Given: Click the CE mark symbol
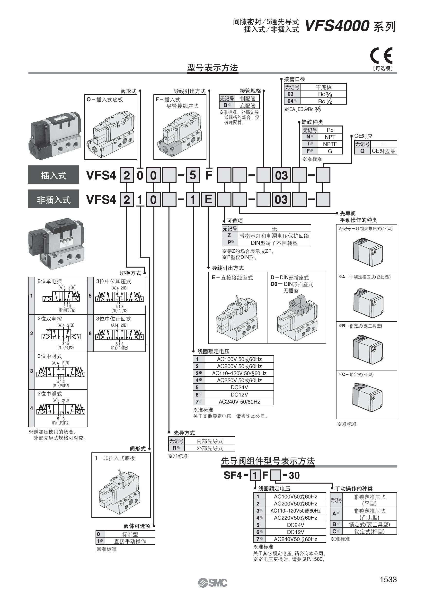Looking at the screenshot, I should pyautogui.click(x=381, y=55).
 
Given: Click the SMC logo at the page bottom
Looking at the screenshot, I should pyautogui.click(x=213, y=583).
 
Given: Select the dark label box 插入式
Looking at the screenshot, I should pyautogui.click(x=53, y=175).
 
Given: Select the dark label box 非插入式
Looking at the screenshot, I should pyautogui.click(x=53, y=199).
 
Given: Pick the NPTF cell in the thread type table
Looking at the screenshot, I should pyautogui.click(x=330, y=144).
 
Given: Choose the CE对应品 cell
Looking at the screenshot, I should pyautogui.click(x=383, y=151).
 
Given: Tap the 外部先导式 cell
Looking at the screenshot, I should pyautogui.click(x=210, y=448).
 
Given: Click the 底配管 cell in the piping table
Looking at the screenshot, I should pyautogui.click(x=247, y=106).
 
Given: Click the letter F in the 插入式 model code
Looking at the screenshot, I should pyautogui.click(x=209, y=175).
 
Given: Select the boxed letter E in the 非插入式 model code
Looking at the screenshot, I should pyautogui.click(x=208, y=199).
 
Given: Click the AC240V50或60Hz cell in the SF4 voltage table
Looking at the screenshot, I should pyautogui.click(x=295, y=539).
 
